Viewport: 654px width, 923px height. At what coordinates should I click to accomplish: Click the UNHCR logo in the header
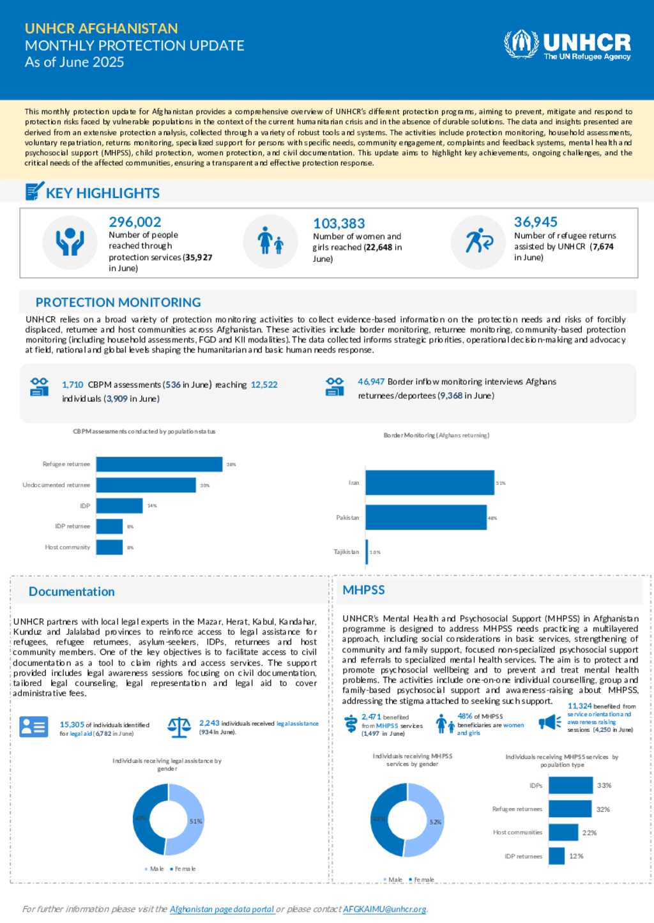[567, 45]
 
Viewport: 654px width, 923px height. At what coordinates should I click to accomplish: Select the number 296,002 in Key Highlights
[135, 222]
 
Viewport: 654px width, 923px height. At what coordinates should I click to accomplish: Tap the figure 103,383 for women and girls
[338, 224]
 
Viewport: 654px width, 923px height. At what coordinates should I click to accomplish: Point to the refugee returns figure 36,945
[535, 222]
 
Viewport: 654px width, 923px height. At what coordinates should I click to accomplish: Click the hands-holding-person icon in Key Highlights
[70, 242]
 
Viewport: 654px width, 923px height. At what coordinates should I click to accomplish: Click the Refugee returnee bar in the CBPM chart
[159, 464]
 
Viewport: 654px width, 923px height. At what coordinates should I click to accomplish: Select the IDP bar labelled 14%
[119, 506]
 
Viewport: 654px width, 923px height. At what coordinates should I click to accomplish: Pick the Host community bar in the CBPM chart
[109, 547]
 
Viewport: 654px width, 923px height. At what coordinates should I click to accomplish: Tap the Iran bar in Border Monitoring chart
[430, 483]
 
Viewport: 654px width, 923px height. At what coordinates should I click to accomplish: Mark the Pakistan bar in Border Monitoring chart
[426, 517]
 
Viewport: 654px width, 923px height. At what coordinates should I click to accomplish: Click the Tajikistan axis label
[346, 552]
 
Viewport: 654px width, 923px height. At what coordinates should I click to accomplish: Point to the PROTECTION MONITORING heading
[118, 302]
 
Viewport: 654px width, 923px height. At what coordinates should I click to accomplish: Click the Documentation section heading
[72, 591]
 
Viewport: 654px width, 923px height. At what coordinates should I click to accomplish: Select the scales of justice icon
[179, 727]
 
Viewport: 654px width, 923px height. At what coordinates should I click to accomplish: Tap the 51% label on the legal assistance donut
[195, 821]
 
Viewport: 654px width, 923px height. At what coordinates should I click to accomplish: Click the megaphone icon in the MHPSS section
[549, 722]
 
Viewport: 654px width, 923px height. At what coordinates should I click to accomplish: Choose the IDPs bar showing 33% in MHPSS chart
[570, 786]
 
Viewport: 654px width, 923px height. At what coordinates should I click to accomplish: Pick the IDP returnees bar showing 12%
[557, 856]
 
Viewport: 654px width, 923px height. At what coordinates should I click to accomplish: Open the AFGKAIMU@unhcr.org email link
[384, 909]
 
